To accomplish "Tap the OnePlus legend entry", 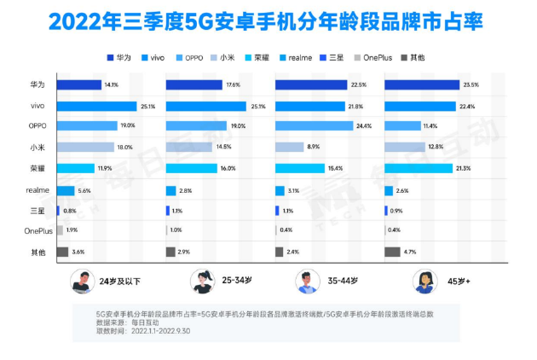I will click(x=373, y=57).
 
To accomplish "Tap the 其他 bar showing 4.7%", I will click(x=392, y=252).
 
